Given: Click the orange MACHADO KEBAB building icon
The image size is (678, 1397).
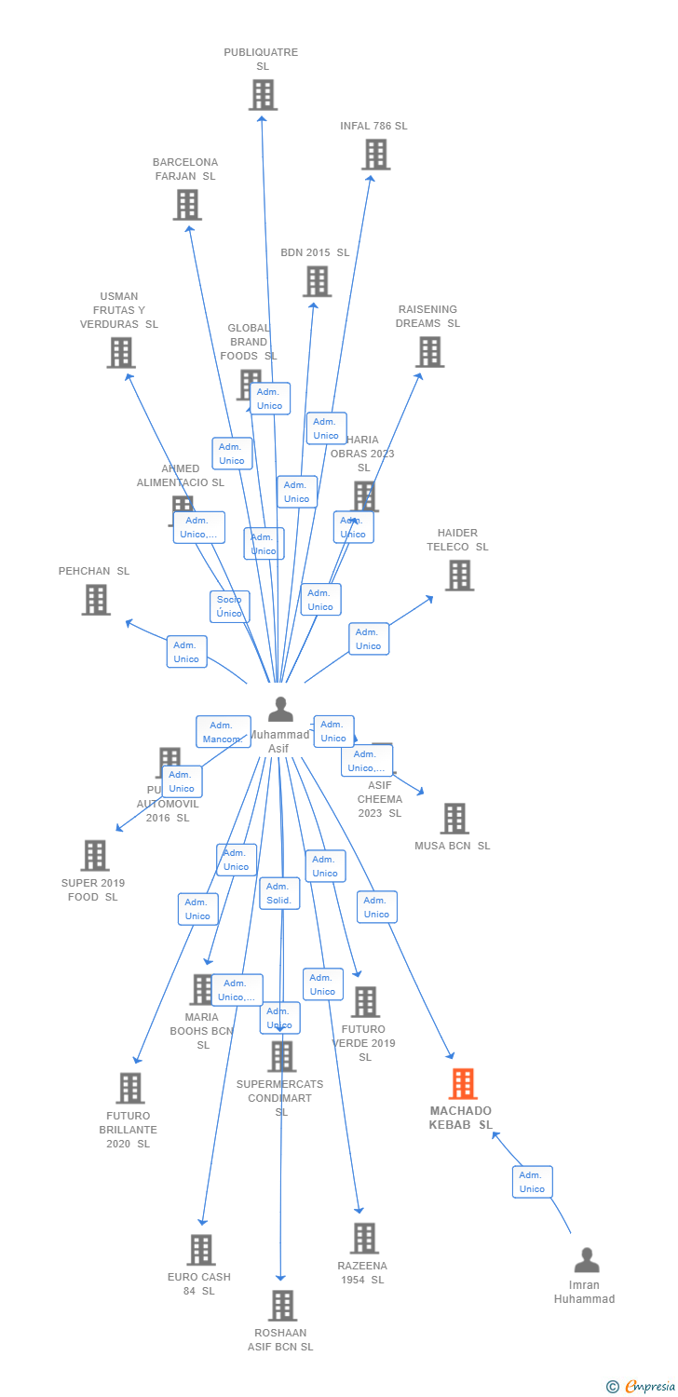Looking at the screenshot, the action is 463,1084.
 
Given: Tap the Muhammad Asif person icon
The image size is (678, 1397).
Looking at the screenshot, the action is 280,709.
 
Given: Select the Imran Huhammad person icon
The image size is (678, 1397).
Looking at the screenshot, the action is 587,1260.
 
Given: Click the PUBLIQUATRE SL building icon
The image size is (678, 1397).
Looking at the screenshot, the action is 263,94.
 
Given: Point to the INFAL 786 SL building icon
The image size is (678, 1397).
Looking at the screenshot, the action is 375,155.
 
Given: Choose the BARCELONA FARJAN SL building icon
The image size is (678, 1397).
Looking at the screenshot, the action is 187,205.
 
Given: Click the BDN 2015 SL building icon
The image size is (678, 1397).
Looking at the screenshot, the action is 317,281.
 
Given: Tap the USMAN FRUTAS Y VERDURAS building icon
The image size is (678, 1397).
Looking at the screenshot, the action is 121,353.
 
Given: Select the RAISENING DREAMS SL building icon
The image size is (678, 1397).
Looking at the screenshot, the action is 429,352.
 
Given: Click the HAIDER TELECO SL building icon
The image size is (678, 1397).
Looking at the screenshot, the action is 458,576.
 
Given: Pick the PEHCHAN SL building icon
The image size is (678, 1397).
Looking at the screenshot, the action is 96,600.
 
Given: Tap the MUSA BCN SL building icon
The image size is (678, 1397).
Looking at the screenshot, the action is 454,819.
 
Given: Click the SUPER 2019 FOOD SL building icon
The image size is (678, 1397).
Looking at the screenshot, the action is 95,855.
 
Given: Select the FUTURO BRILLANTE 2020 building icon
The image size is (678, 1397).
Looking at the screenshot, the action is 130,1088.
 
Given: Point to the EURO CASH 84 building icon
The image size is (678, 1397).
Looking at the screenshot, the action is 201,1250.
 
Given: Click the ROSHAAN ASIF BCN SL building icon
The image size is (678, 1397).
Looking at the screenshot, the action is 282,1306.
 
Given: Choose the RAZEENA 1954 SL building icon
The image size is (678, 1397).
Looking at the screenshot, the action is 364,1239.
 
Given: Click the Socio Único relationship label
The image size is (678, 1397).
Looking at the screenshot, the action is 229,606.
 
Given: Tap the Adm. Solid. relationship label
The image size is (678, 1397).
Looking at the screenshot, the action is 279,893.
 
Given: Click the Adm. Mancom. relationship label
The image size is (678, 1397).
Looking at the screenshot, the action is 223,732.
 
